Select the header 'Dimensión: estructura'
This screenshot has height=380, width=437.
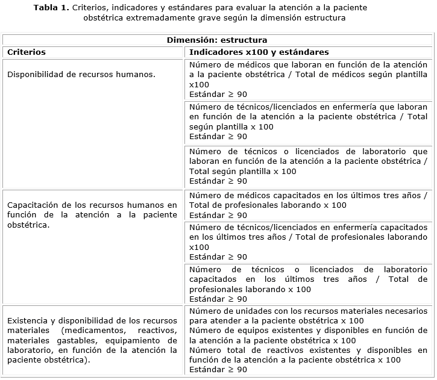pyautogui.click(x=218, y=40)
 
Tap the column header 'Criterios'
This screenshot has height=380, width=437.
pyautogui.click(x=26, y=52)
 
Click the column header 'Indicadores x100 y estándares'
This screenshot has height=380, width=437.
pyautogui.click(x=259, y=52)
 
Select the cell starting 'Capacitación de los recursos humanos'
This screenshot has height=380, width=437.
pyautogui.click(x=92, y=215)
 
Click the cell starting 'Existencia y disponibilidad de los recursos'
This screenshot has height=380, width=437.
pyautogui.click(x=92, y=340)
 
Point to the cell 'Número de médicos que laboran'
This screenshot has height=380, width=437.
pyautogui.click(x=308, y=79)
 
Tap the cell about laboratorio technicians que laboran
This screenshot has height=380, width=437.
pyautogui.click(x=308, y=166)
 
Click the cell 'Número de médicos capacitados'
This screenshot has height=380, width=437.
pyautogui.click(x=308, y=205)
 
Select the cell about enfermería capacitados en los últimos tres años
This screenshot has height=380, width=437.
pyautogui.click(x=308, y=242)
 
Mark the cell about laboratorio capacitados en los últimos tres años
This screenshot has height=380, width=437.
pyautogui.click(x=308, y=284)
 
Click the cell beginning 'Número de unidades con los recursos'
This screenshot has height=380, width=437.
pyautogui.click(x=308, y=316)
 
